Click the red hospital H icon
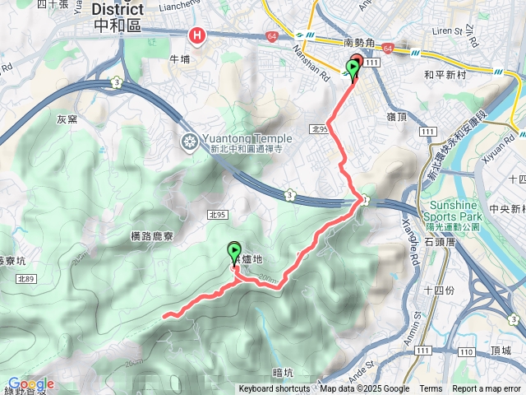click(x=197, y=35)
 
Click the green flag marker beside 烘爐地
click(x=234, y=251)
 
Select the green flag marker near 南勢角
click(x=353, y=70)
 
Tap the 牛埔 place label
click(x=179, y=60)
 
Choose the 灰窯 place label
click(x=67, y=119)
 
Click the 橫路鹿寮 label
click(x=152, y=236)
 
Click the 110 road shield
click(x=465, y=352)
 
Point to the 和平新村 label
click(x=445, y=73)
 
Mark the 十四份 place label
click(x=440, y=290)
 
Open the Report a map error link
click(x=487, y=389)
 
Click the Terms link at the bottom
click(x=431, y=389)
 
